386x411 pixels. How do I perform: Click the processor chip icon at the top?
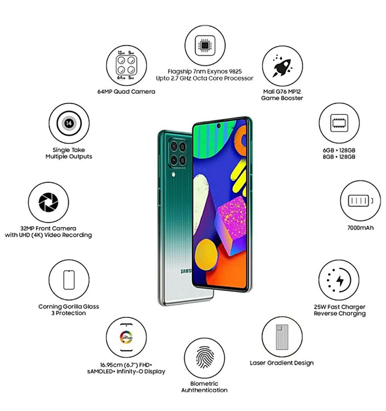click(205, 46)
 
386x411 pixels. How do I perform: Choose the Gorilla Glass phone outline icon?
click(69, 280)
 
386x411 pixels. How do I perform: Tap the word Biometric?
click(204, 383)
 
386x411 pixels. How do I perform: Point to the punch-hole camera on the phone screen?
click(219, 126)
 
